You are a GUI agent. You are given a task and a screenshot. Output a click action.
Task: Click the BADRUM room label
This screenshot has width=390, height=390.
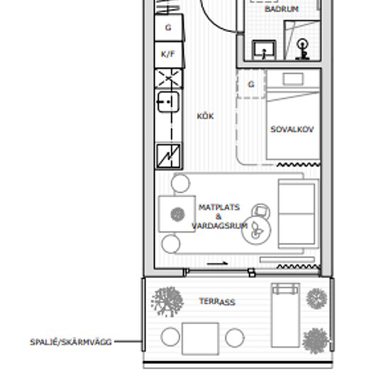point(282,9)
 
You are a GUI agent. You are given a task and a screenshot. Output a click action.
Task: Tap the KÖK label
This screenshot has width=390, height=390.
point(205,116)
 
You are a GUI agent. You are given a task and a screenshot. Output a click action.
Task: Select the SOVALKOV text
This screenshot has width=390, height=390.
point(292,129)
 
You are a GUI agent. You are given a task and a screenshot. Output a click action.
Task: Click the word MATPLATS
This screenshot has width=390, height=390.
point(219,207)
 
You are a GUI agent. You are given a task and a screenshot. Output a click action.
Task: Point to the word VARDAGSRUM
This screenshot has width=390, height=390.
point(220,225)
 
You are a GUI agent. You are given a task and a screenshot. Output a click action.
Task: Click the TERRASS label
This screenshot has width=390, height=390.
point(217,301)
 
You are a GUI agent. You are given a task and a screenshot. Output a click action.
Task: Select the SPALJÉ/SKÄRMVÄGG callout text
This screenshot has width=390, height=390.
point(71,342)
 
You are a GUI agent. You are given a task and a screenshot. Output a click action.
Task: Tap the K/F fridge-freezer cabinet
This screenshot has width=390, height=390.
point(169,55)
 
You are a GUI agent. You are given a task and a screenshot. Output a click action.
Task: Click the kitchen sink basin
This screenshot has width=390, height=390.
point(168,101)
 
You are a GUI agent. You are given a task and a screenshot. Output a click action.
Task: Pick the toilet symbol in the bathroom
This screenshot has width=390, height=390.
point(303,49)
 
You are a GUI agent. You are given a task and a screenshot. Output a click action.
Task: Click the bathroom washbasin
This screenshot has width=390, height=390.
point(264,50)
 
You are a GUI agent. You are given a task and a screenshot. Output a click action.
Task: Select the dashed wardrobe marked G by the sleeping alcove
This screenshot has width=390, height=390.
point(251,84)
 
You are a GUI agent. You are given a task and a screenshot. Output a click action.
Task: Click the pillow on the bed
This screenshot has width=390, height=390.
point(294,79)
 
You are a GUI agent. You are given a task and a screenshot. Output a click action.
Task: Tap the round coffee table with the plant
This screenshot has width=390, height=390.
point(256,230)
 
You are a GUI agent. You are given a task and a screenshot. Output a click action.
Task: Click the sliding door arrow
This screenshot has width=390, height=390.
point(217,263)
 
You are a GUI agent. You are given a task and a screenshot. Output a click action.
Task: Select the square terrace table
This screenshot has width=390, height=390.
point(200,339)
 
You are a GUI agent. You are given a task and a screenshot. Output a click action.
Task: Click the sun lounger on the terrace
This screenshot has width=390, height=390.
point(286,315)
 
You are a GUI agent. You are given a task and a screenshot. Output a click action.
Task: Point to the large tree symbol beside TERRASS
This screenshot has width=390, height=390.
point(167,301)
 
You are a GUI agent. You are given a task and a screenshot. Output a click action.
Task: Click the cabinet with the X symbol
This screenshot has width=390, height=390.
point(168,79)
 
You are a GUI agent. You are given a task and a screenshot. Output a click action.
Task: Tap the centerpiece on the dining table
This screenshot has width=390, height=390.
point(177,214)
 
